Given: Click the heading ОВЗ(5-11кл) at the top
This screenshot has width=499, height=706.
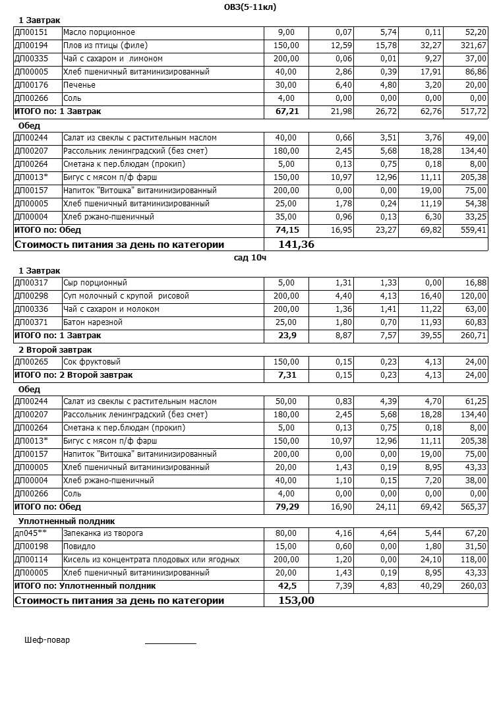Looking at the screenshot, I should [x=250, y=7].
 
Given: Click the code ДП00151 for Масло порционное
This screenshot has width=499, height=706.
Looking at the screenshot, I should [x=31, y=32].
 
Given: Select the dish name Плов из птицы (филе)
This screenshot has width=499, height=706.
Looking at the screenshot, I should [x=105, y=45].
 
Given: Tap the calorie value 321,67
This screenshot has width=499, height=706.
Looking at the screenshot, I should [x=473, y=45].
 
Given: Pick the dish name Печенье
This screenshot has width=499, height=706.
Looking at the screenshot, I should [x=79, y=85].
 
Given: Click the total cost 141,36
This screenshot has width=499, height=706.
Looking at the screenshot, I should [x=296, y=245].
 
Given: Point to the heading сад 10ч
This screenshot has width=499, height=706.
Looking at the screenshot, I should [x=250, y=257].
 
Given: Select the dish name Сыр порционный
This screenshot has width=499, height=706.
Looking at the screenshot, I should [x=95, y=283].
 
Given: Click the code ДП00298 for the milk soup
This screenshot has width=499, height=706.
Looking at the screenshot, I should [x=31, y=296].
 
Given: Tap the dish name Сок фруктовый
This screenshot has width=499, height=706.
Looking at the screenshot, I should [x=92, y=362].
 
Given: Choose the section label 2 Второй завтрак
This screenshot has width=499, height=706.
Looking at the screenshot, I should [x=55, y=349].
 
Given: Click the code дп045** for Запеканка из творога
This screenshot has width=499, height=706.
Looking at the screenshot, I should [x=30, y=533].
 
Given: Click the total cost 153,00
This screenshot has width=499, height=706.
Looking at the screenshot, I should [x=296, y=601].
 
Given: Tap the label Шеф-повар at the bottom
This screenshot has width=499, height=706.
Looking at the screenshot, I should [x=47, y=640].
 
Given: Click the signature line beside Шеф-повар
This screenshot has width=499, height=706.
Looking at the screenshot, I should [x=170, y=643].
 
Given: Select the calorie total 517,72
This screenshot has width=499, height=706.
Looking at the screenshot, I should [x=473, y=111].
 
